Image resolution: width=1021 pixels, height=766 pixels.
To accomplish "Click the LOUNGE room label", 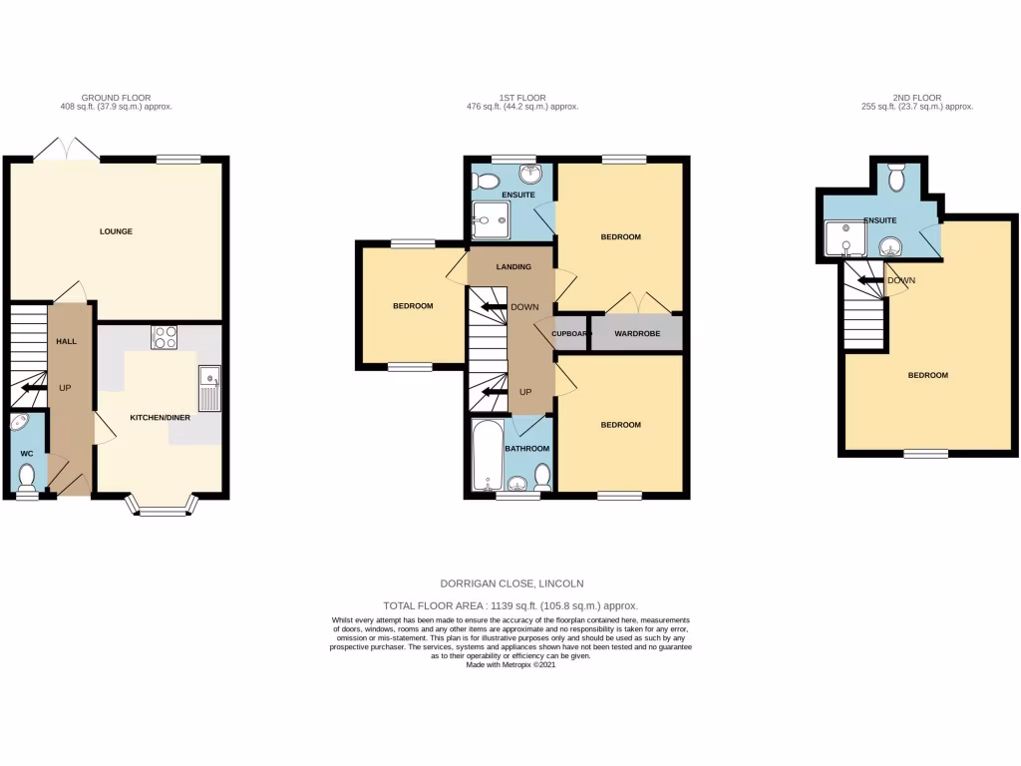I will [116, 231].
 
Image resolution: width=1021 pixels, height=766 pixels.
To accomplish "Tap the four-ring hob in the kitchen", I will [165, 337].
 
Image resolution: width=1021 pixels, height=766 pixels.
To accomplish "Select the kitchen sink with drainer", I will [208, 388].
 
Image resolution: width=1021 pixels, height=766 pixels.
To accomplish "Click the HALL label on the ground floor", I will [66, 341].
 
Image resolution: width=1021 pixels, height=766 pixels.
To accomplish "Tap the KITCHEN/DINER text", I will [160, 418].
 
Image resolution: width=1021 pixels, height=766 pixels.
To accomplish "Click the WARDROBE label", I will [637, 333].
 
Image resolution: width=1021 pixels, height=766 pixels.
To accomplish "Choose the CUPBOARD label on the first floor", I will [572, 333].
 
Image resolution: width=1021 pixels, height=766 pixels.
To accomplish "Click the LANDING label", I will [513, 266].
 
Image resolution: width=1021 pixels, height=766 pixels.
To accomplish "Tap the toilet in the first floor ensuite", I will [487, 182].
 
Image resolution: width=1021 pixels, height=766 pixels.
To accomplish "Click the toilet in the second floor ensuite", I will [896, 178].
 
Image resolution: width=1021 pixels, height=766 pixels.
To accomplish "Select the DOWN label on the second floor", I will [901, 280].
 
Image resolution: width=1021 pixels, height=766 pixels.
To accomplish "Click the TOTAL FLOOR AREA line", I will [510, 605].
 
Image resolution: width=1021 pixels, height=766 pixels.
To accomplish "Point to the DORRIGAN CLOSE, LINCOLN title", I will [510, 583].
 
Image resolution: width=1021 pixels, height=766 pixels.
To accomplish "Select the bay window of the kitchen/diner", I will [161, 511].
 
